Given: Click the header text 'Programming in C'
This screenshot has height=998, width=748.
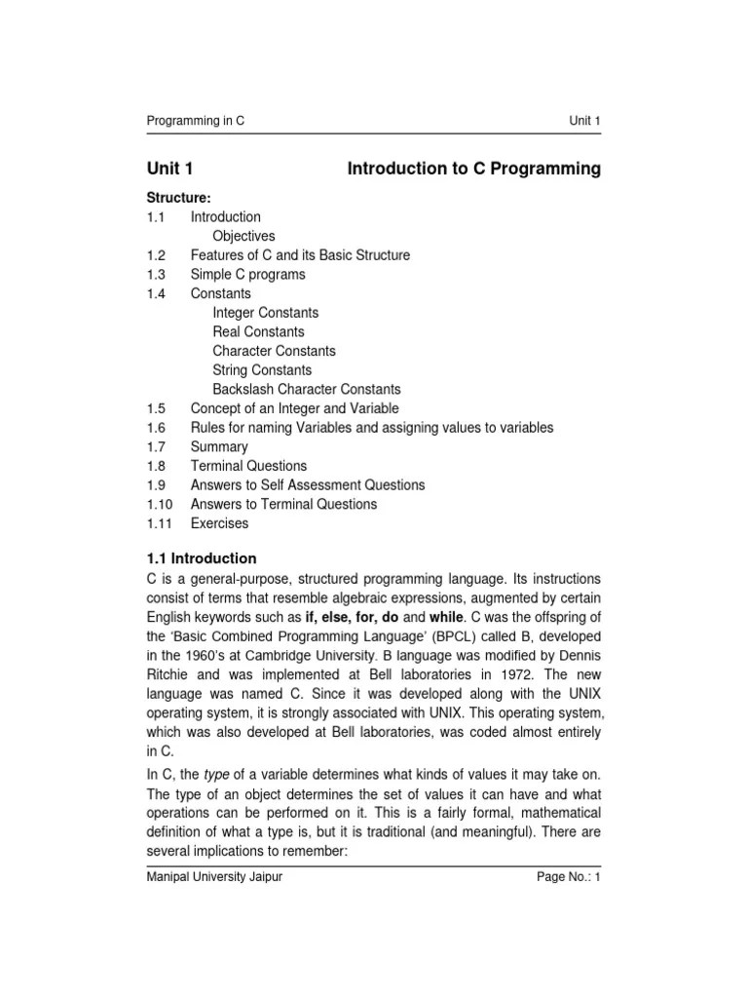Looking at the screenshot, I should click(195, 121).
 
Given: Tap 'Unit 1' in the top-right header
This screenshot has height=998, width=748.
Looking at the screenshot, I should click(585, 121).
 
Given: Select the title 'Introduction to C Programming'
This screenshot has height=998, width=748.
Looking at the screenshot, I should click(474, 170).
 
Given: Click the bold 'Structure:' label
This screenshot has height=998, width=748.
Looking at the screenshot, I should click(178, 198).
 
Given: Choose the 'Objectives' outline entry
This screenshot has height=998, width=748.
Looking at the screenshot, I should click(243, 236).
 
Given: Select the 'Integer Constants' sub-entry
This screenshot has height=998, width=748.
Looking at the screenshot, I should click(265, 313).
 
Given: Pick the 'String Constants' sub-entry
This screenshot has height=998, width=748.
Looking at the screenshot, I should click(262, 370).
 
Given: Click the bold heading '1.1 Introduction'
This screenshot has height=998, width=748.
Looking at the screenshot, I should click(202, 558).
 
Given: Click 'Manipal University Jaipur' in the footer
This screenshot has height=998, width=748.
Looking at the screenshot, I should click(214, 877).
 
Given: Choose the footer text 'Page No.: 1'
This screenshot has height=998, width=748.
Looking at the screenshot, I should click(569, 877).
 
